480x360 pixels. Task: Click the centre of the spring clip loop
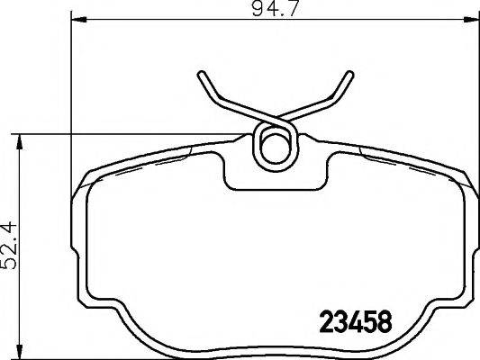[x=273, y=143]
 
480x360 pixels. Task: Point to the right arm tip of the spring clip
[x=347, y=76]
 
